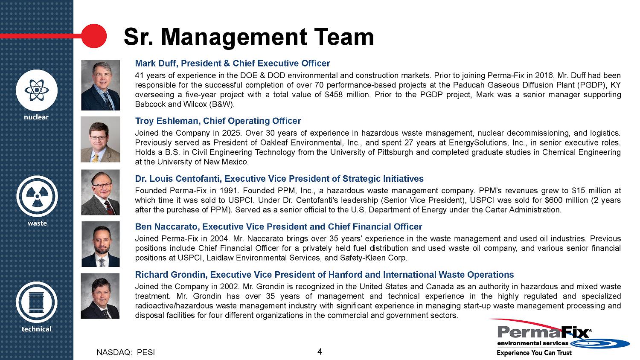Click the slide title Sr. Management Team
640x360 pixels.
click(248, 37)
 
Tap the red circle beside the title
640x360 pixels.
click(93, 35)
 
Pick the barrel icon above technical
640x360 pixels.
click(37, 302)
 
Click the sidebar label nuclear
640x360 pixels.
click(37, 117)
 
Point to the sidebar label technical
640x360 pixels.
click(37, 329)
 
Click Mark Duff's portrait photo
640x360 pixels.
click(100, 85)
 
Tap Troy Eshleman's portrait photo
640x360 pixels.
click(100, 139)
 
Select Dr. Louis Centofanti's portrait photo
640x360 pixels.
click(100, 192)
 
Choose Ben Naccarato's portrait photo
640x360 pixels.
click(100, 244)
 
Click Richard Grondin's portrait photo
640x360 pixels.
click(100, 296)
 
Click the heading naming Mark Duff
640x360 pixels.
click(233, 64)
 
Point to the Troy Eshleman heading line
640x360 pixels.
click(218, 121)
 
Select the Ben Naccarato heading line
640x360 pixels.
click(279, 227)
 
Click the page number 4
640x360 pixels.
click(320, 351)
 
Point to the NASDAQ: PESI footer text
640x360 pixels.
click(126, 352)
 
